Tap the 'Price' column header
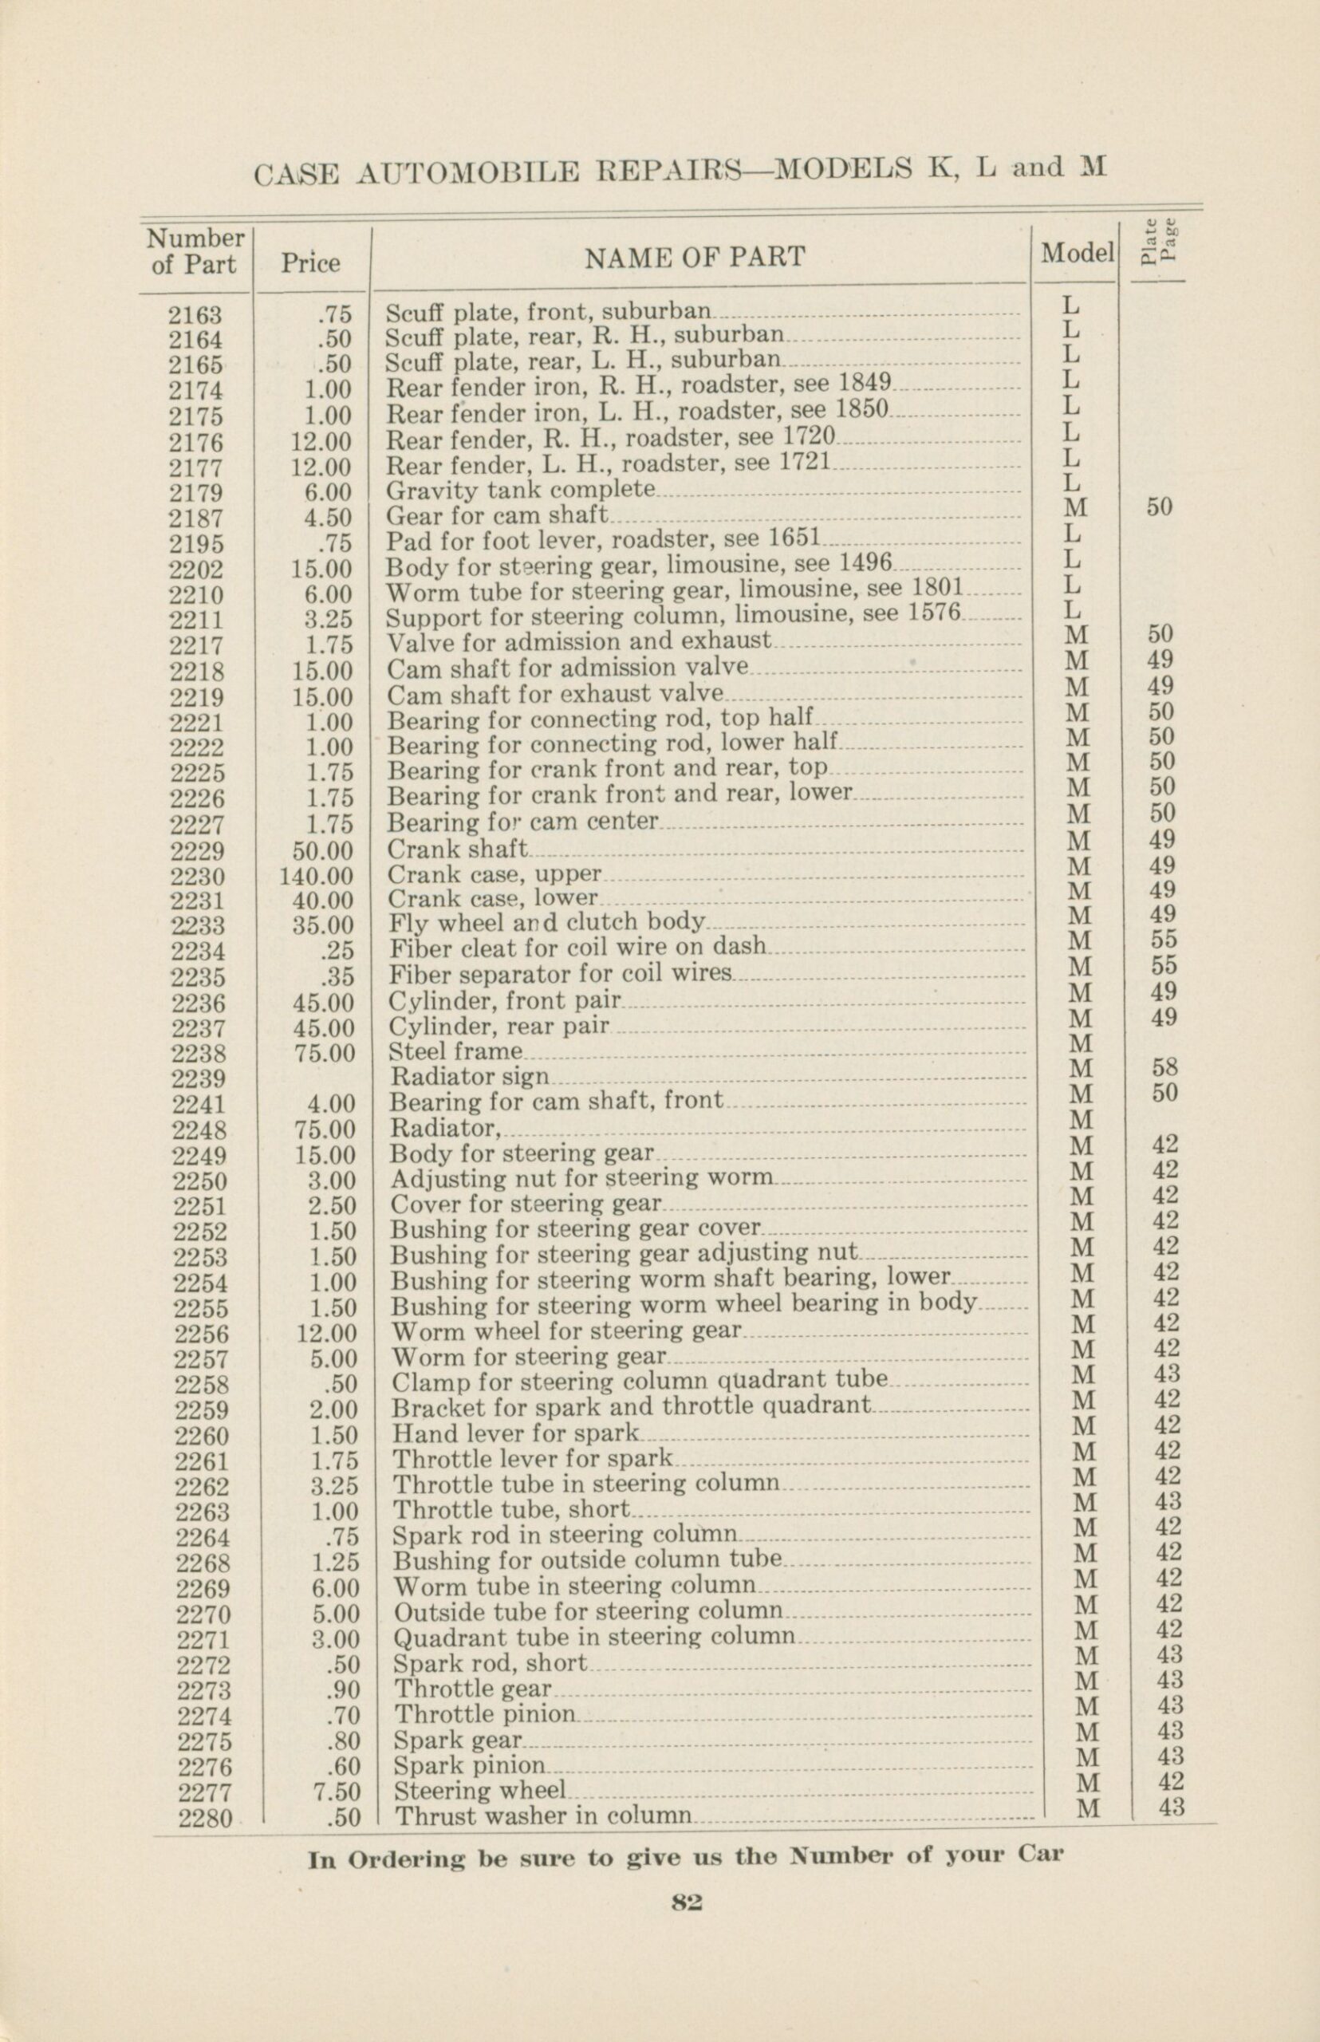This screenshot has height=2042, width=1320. coord(310,263)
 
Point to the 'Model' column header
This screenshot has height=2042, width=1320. coord(1078,253)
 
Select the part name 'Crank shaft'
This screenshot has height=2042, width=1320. coord(458,850)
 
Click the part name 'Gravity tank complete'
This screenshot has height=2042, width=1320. coord(521,491)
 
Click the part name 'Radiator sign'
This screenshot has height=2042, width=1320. coord(470,1076)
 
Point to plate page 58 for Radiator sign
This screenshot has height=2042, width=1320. coord(1164,1067)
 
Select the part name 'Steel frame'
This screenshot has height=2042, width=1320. coord(456,1051)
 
